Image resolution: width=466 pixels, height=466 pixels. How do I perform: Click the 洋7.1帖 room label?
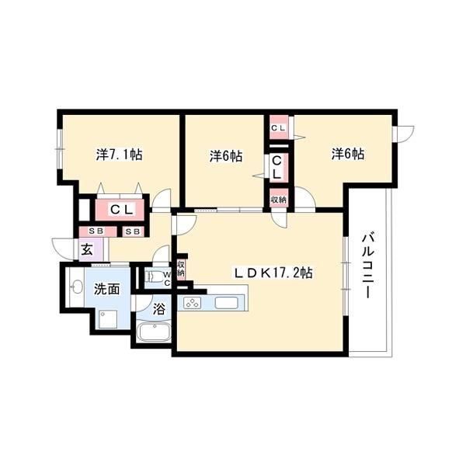click(119, 155)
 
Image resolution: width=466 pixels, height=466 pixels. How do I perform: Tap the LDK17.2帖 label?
click(275, 273)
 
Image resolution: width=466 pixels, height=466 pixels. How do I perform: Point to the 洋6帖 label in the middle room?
click(225, 156)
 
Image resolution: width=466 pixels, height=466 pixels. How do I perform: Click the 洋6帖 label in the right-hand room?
click(348, 155)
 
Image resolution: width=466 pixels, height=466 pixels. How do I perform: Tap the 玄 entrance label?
click(87, 250)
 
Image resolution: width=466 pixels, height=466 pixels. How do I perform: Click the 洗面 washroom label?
click(106, 289)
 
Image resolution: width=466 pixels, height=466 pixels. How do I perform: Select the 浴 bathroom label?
click(158, 308)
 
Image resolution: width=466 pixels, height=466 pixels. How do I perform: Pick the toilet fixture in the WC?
click(156, 276)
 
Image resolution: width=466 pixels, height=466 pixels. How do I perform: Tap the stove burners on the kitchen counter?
click(193, 303)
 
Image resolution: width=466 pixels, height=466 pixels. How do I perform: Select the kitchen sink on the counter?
click(231, 302)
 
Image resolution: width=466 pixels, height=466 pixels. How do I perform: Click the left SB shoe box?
click(97, 231)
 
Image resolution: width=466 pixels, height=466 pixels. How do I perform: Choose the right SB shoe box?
click(132, 231)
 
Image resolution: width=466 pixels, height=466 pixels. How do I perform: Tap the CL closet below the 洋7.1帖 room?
click(122, 209)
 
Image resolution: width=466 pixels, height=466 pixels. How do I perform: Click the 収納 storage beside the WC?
click(180, 269)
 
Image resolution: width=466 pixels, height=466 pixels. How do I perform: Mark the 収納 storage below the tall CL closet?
click(278, 200)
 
